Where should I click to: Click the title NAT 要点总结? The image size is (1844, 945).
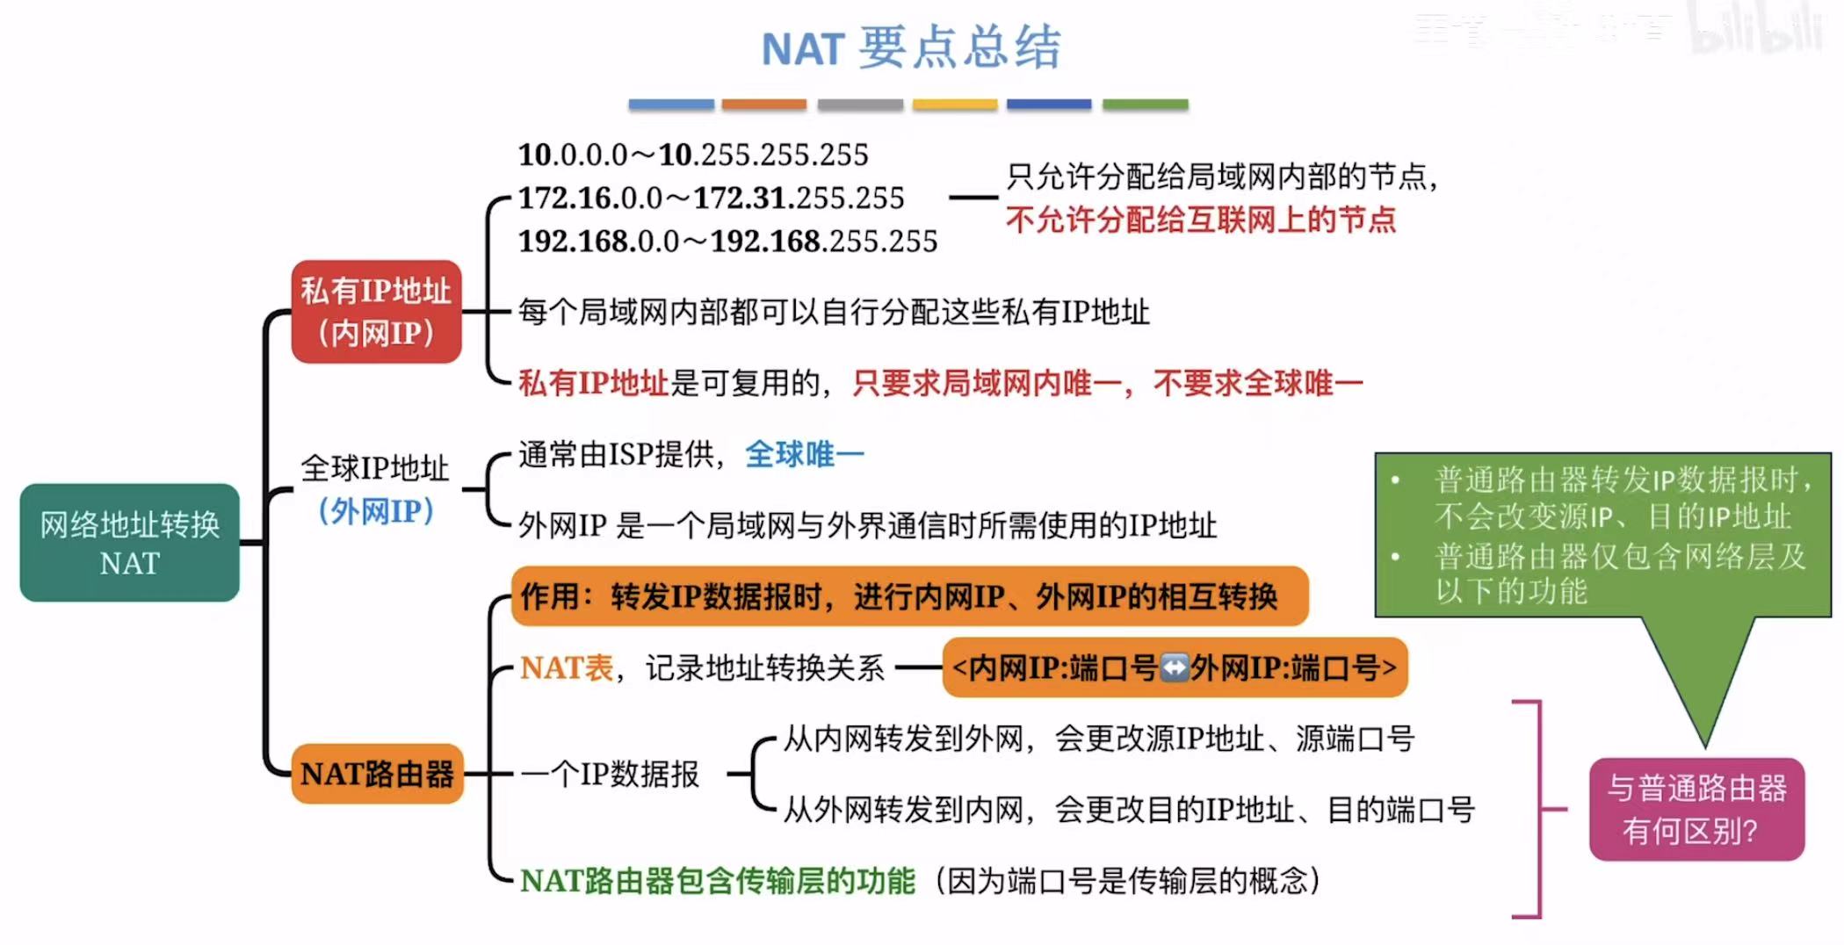tap(911, 47)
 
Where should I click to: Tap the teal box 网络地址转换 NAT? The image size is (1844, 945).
tap(129, 543)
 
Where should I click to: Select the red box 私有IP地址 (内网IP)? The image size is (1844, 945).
tap(376, 312)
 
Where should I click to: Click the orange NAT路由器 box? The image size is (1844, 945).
tap(377, 774)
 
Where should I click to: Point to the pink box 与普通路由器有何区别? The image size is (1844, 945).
tap(1696, 809)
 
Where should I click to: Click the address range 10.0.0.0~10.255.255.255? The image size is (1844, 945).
tap(692, 155)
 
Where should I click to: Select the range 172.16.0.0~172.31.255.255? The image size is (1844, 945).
tap(710, 198)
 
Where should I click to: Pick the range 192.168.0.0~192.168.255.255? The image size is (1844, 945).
tap(727, 242)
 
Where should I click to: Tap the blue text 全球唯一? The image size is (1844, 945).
tap(804, 455)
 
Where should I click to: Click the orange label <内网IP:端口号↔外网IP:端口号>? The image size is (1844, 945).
tap(1175, 668)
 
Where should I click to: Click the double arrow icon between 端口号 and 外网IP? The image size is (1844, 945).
tap(1175, 668)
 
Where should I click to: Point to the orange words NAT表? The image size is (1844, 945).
tap(567, 668)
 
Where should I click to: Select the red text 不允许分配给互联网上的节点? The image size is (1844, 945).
tap(1200, 220)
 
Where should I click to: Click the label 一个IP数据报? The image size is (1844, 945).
tap(610, 775)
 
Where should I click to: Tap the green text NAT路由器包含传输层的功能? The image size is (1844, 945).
tap(717, 881)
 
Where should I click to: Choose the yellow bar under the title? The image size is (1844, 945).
tap(954, 105)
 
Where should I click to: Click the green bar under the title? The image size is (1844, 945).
tap(1145, 105)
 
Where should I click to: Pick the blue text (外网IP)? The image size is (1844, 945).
tap(376, 511)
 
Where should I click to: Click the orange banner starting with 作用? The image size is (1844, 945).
tap(909, 596)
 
